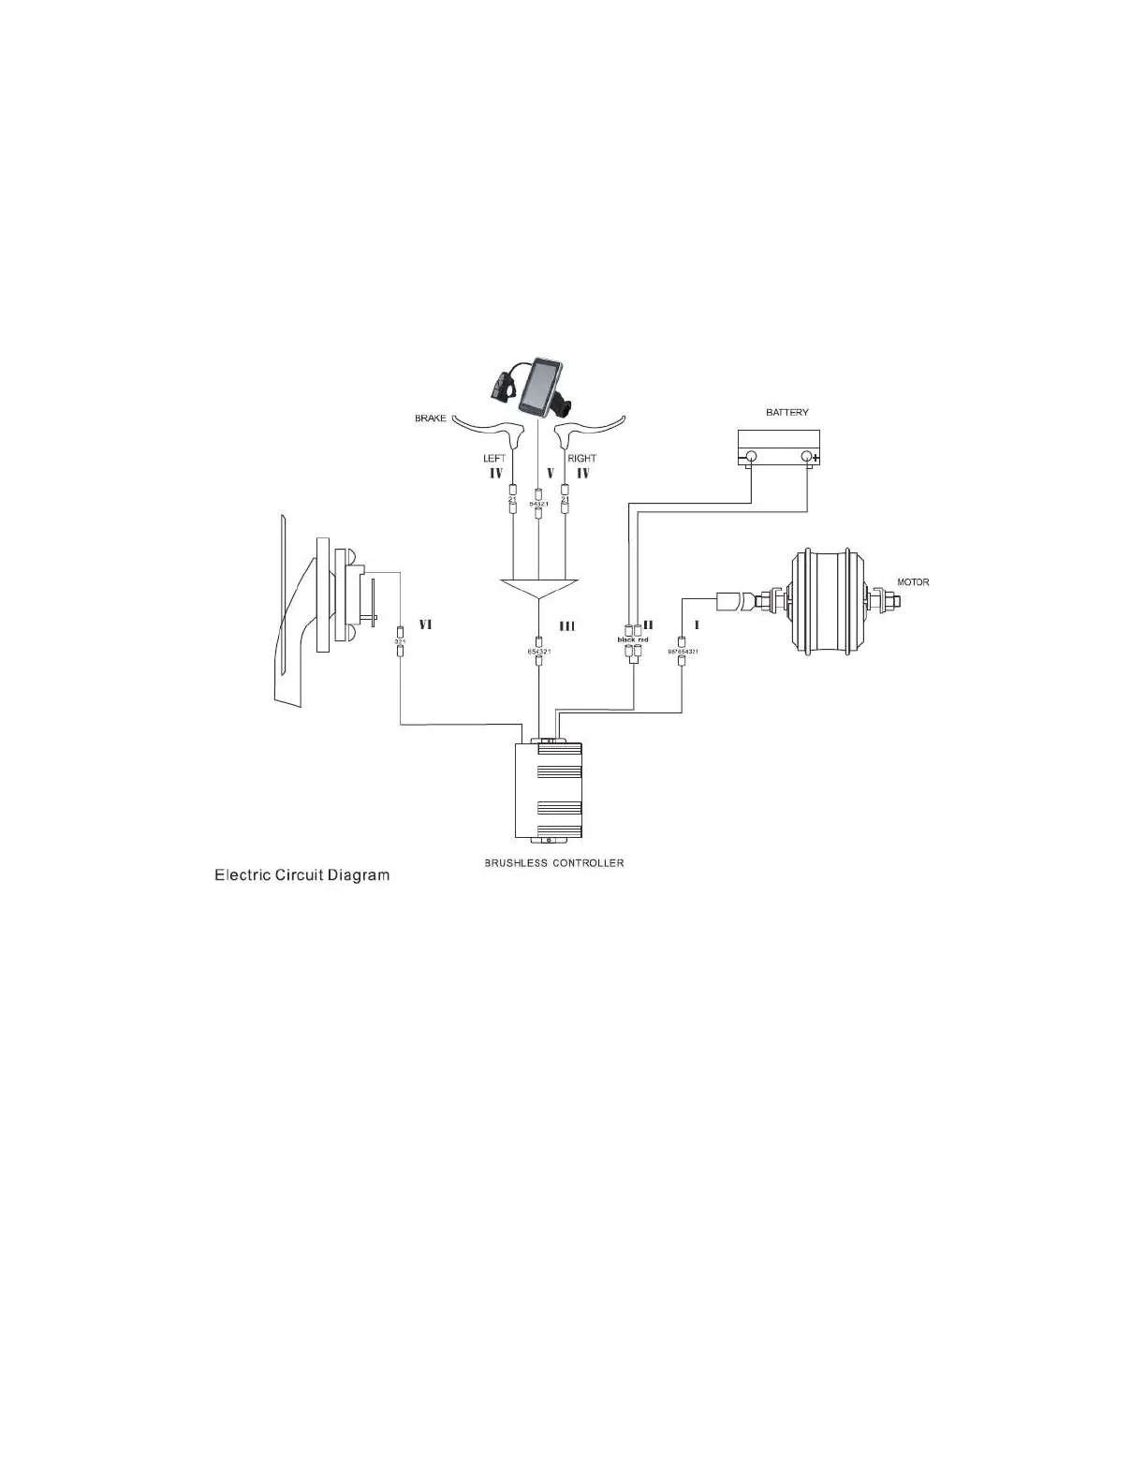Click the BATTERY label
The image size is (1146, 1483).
pyautogui.click(x=786, y=412)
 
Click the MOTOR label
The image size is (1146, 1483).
pyautogui.click(x=913, y=582)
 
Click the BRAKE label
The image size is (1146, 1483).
pyautogui.click(x=431, y=418)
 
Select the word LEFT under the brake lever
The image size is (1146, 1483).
pyautogui.click(x=494, y=459)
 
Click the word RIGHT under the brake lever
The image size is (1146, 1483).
pyautogui.click(x=581, y=459)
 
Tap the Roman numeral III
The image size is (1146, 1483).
pyautogui.click(x=567, y=626)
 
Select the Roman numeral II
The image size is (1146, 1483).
pyautogui.click(x=648, y=624)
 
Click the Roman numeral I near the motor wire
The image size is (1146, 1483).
pyautogui.click(x=697, y=624)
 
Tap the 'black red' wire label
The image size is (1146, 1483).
pyautogui.click(x=633, y=639)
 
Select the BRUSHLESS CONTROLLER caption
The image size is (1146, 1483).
pyautogui.click(x=553, y=862)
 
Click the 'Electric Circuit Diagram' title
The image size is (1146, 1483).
pyautogui.click(x=301, y=875)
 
